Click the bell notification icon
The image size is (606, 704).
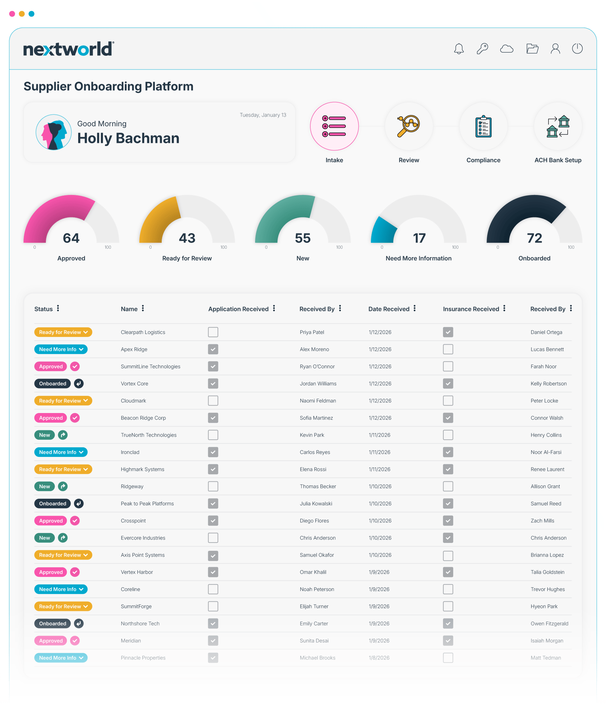[x=459, y=49]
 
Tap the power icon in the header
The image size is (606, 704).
[x=577, y=49]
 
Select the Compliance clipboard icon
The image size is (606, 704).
[x=483, y=126]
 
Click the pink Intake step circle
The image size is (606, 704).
[x=334, y=126]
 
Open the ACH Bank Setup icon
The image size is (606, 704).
[x=558, y=126]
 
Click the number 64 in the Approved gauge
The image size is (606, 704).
[x=71, y=238]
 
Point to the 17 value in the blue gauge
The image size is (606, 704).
[x=419, y=238]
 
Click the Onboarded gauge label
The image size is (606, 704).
[x=534, y=258]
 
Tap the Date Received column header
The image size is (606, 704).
[x=389, y=309]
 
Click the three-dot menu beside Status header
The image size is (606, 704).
[x=58, y=309]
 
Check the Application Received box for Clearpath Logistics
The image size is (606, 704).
[x=213, y=332]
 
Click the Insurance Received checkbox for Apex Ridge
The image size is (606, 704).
[x=448, y=349]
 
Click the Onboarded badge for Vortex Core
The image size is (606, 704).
[x=52, y=384]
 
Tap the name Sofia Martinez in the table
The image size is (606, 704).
[x=316, y=418]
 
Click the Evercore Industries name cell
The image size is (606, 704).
[x=143, y=538]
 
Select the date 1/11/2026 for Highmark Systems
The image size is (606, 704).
[x=379, y=469]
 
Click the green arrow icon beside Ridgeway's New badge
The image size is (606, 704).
[x=63, y=486]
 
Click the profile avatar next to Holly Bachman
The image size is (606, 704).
[x=54, y=132]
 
